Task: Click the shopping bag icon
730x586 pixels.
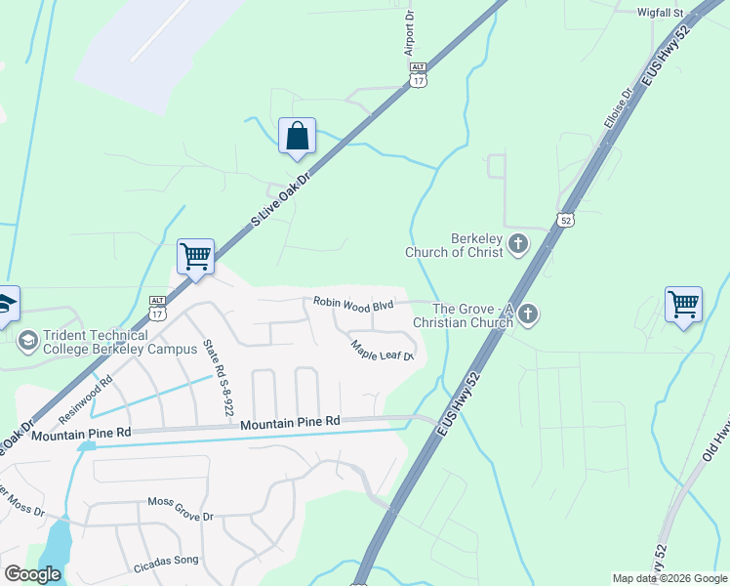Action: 297,136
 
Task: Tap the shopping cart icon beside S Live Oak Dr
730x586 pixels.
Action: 195,257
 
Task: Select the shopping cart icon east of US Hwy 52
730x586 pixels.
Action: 683,303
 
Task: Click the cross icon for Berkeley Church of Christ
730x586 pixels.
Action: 518,244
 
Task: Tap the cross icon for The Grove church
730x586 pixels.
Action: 528,314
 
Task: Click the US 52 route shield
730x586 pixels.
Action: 566,220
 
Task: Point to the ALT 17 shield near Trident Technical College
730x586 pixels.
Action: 157,307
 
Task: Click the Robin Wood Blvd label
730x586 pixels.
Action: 352,305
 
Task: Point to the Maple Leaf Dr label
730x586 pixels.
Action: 383,349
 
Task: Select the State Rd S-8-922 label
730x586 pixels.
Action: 218,378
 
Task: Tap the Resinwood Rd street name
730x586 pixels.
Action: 86,400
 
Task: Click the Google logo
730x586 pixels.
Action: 33,574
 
